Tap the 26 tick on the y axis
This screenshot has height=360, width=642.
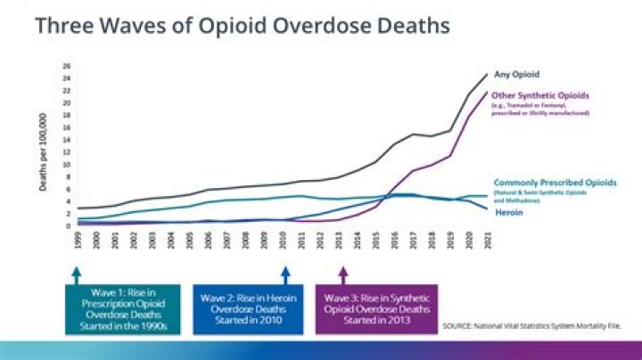pos(66,66)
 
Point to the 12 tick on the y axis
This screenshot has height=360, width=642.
pos(66,152)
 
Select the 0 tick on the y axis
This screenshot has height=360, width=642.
pos(67,226)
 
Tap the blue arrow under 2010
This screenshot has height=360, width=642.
pos(286,273)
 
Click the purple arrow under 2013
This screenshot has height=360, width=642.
pos(342,273)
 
